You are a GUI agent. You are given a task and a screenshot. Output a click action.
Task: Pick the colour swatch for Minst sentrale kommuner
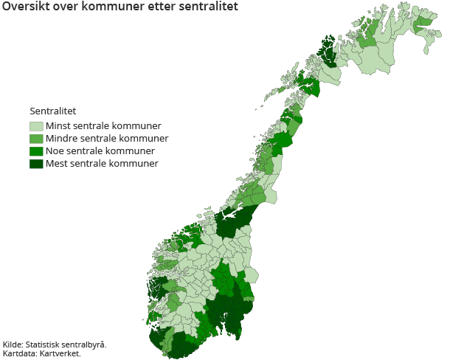coord(36,126)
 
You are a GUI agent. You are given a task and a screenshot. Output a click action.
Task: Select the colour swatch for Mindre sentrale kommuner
coord(36,139)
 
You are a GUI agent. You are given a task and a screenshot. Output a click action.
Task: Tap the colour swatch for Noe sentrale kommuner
coord(36,151)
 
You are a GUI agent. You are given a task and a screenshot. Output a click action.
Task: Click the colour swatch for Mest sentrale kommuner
coord(36,164)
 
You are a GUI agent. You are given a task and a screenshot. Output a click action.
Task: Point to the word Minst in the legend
coord(58,126)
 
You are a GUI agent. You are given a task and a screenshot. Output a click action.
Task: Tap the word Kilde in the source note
coord(13,345)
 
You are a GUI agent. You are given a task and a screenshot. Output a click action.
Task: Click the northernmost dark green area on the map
coord(328,52)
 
